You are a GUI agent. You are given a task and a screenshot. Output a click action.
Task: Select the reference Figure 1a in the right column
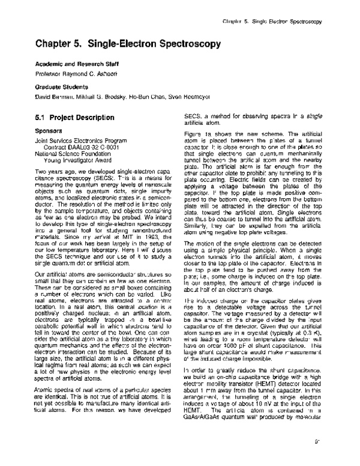198,133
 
